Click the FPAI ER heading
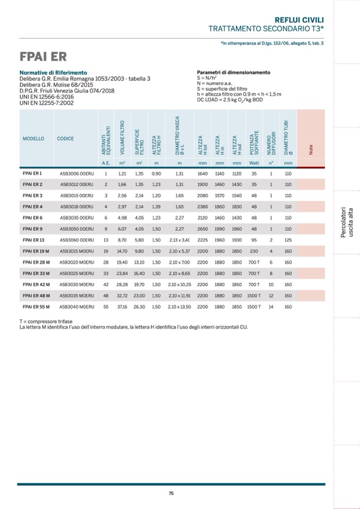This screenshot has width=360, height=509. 43,57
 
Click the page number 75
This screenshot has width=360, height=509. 171,493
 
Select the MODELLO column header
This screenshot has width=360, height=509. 33,139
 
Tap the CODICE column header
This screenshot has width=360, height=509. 65,139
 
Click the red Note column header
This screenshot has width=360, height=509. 311,150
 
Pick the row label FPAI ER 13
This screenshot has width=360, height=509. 33,240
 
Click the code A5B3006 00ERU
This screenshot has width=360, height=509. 76,174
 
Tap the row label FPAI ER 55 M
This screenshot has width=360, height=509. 36,307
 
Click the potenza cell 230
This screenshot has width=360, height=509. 254,251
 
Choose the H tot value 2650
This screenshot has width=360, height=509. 202,229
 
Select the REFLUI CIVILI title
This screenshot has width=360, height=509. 302,19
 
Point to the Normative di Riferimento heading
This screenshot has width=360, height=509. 53,73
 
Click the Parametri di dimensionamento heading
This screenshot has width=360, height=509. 233,73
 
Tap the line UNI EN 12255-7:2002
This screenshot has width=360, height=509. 47,103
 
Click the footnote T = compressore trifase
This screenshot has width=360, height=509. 46,321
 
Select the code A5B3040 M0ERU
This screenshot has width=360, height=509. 76,307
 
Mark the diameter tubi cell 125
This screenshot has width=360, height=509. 288,240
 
